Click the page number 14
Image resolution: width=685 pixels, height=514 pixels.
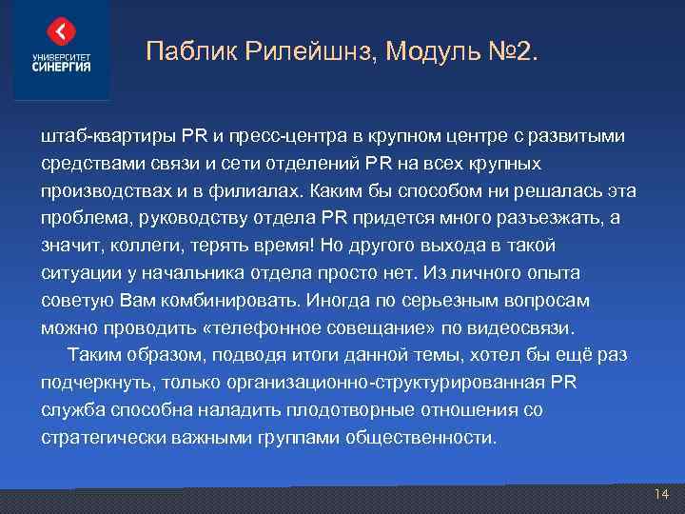(x=662, y=494)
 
